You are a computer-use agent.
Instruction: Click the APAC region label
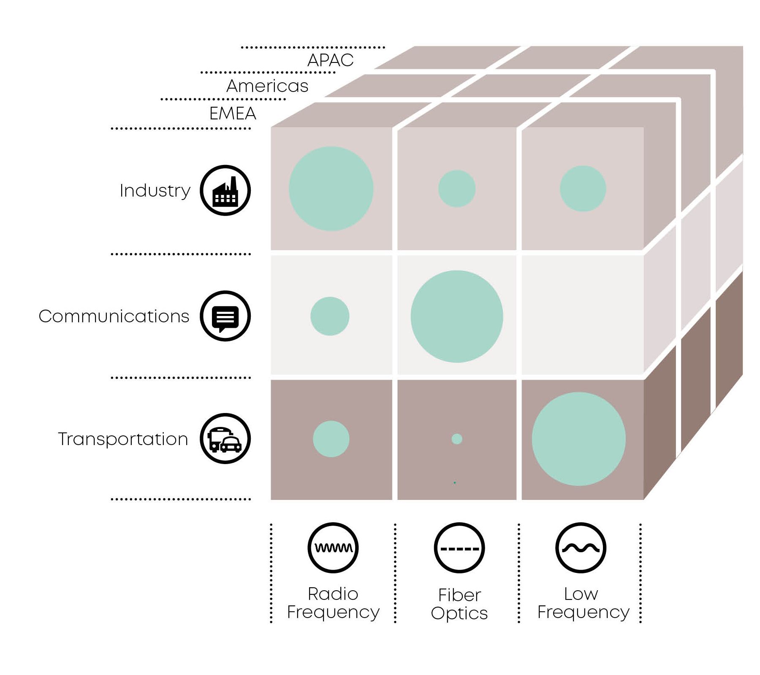(x=330, y=60)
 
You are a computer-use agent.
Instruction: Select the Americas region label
(x=267, y=86)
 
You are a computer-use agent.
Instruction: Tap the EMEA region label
(x=233, y=113)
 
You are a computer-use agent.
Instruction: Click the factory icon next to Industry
(x=225, y=190)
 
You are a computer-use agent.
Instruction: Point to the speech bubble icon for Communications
(x=225, y=316)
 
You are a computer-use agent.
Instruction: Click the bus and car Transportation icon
(x=225, y=439)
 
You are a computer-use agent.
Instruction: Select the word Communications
(x=114, y=316)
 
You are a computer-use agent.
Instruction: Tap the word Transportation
(x=123, y=439)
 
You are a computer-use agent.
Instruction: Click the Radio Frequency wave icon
(x=333, y=548)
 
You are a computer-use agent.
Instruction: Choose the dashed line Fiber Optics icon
(x=459, y=548)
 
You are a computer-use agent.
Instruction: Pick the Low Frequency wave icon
(x=581, y=548)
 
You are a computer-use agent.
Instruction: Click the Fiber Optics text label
(x=459, y=604)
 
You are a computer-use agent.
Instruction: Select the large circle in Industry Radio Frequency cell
(x=331, y=189)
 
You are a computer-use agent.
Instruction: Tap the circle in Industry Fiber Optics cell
(x=457, y=189)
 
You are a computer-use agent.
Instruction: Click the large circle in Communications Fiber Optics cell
(x=457, y=316)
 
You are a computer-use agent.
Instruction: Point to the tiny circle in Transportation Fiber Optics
(x=457, y=439)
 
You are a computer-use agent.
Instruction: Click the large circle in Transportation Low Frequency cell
(x=578, y=439)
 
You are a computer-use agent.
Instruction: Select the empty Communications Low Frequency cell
(x=582, y=315)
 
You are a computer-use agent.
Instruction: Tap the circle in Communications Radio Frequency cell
(x=330, y=316)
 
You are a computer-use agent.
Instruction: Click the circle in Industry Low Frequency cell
(x=583, y=189)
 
